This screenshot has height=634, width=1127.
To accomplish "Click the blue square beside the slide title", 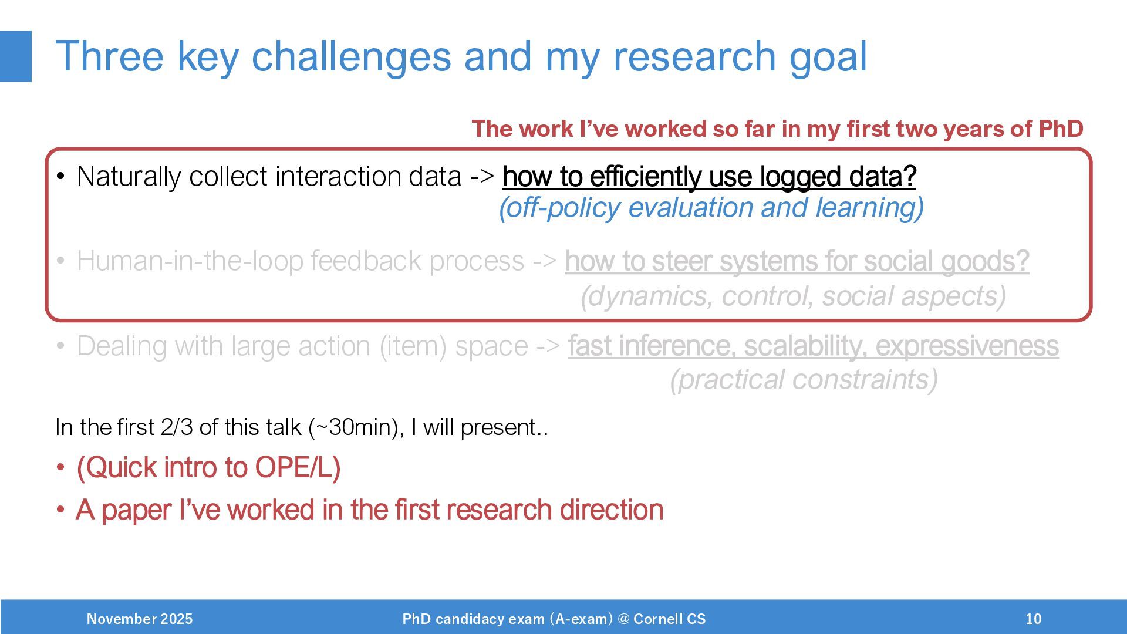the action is click(16, 56).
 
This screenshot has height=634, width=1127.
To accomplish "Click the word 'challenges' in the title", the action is click(352, 57).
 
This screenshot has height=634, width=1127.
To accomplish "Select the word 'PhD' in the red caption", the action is click(1061, 129).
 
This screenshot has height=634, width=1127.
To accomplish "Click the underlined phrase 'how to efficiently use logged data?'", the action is click(709, 176).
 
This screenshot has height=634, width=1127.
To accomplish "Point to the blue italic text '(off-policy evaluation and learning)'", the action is click(711, 207).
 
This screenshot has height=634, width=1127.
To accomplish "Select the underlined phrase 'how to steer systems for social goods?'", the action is click(797, 261).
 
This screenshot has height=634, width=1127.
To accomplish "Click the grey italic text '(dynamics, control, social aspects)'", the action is click(794, 296).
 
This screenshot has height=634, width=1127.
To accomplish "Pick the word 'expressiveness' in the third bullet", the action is click(967, 346).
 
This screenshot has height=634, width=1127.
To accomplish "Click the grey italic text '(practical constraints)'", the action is click(804, 379).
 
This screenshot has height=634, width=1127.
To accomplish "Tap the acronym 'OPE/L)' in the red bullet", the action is click(298, 468).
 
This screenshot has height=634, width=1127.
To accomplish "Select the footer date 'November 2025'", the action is click(140, 619).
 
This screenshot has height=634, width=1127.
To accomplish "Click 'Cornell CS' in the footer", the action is click(670, 619).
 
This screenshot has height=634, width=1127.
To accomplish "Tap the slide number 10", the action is click(1034, 619).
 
